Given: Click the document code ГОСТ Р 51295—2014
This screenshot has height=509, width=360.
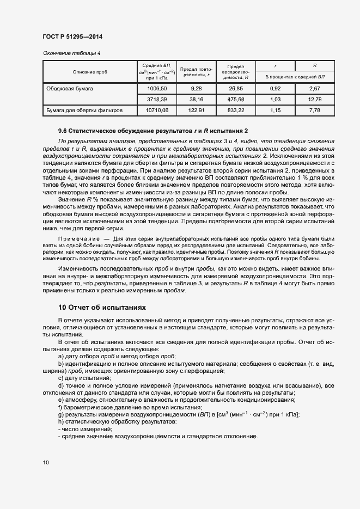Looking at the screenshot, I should (72, 37).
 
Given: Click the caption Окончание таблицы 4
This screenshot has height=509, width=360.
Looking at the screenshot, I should (71, 53).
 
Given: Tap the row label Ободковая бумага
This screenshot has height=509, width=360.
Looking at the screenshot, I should (70, 88).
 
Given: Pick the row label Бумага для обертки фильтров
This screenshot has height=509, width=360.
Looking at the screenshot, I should (84, 111).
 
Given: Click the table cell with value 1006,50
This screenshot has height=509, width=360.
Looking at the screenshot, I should (157, 88).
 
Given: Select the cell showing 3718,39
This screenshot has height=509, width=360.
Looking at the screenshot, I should (157, 100).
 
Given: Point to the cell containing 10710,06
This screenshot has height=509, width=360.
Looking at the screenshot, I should (157, 111).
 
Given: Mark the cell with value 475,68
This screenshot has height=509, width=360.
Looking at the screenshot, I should (235, 100).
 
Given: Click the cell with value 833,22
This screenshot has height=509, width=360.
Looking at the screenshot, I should (235, 111).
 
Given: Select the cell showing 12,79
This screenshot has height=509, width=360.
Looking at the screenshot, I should (314, 100).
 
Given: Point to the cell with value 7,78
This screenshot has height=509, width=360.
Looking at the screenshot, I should (314, 111).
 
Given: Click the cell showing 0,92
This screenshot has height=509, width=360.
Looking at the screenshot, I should (275, 88).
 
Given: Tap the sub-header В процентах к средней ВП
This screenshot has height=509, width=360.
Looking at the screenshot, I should (295, 77).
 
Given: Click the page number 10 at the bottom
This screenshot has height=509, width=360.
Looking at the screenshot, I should (46, 462).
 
